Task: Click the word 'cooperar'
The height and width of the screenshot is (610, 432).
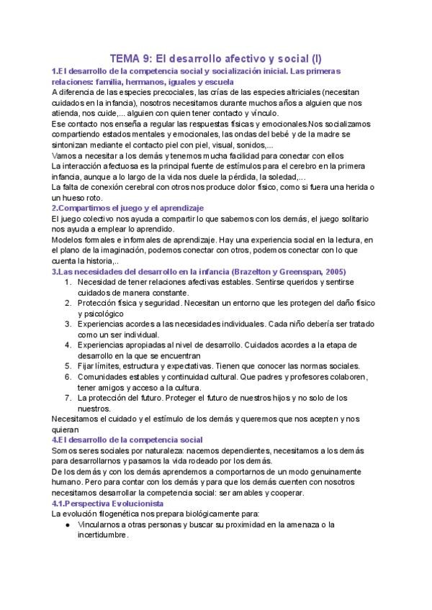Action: [285, 493]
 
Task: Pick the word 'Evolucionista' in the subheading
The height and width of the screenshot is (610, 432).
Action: [120, 504]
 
